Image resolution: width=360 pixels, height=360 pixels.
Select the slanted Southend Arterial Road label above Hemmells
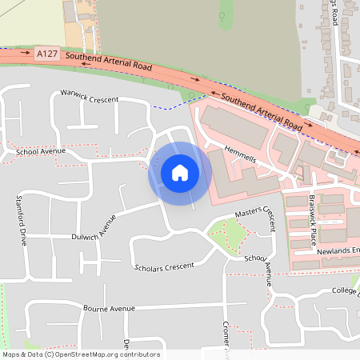coord(262,112)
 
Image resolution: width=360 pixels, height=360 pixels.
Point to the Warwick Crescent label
coord(90,98)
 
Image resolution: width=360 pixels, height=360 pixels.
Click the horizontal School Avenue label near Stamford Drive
coord(40,151)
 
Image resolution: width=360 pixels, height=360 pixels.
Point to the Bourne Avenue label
coord(109,308)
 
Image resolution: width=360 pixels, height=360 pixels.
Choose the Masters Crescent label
coord(261,215)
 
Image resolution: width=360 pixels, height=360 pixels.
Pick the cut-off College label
coord(345,290)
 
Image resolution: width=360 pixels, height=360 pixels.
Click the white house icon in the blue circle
coord(180,173)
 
